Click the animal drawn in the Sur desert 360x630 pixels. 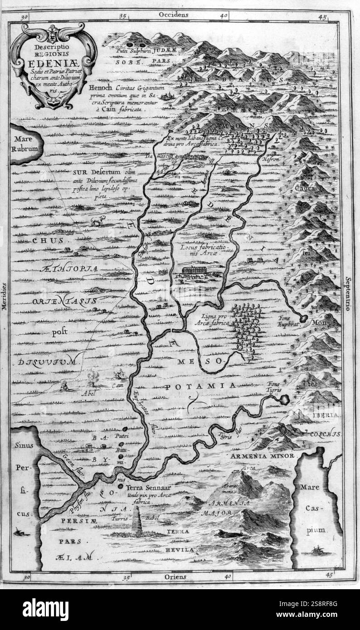tap(97, 221)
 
